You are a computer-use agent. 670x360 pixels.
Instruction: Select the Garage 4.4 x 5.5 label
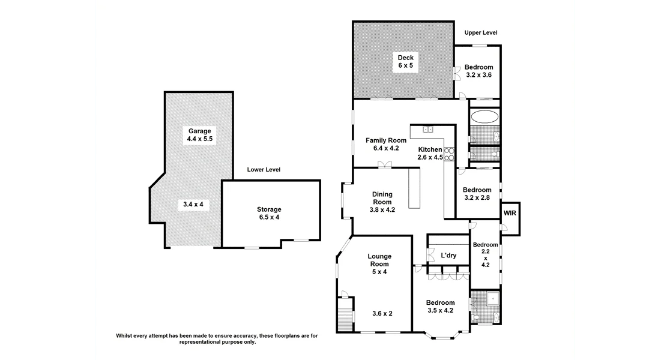(200, 135)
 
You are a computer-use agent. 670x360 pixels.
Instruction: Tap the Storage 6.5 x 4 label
(269, 213)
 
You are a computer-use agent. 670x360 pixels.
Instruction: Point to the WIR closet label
(510, 213)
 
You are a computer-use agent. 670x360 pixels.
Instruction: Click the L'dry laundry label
(448, 256)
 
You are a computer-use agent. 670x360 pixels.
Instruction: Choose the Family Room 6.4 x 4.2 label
(386, 144)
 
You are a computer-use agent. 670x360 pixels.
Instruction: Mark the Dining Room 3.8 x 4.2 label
(382, 202)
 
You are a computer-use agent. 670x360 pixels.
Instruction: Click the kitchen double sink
(428, 129)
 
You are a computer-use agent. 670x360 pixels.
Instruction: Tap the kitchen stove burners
(449, 154)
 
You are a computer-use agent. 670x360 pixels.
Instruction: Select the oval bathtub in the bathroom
(484, 116)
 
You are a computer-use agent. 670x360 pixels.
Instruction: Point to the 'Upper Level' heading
(481, 33)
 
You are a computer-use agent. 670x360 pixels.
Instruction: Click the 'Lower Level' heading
(264, 170)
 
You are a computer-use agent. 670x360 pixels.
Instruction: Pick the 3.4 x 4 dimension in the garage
(193, 205)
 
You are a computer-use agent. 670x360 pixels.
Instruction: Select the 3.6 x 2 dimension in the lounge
(382, 313)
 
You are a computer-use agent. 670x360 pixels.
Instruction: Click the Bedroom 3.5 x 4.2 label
(440, 307)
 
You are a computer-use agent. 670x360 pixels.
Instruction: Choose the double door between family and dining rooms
(382, 165)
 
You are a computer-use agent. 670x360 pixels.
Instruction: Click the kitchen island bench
(414, 188)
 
